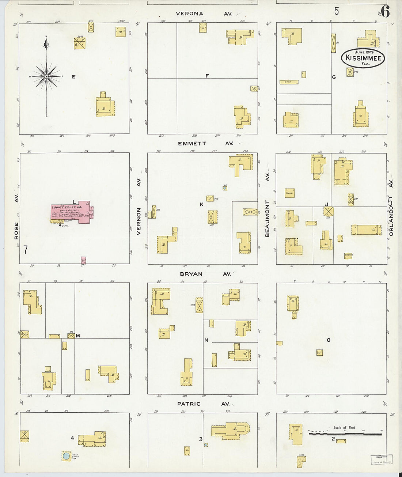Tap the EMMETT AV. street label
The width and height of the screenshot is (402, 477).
coord(205,144)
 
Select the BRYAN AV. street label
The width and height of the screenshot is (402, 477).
coord(205,274)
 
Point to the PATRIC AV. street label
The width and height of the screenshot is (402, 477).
coord(203,404)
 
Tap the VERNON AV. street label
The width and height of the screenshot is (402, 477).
coord(139,207)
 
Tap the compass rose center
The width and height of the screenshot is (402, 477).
coord(46,76)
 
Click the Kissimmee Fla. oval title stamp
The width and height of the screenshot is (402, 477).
coord(363,58)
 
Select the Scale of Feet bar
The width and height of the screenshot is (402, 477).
coord(345,434)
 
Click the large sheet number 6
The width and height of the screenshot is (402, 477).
coord(386,12)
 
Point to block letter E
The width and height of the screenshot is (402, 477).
coord(74,77)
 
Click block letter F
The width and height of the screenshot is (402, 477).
coord(207,76)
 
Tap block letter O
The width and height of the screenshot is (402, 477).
coord(329,340)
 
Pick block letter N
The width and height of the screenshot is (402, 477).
coord(206,340)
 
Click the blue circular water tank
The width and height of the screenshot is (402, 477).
coord(66,456)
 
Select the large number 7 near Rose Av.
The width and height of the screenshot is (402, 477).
coord(26,250)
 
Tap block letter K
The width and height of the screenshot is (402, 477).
coord(201,204)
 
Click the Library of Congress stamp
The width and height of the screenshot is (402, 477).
coord(382,459)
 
